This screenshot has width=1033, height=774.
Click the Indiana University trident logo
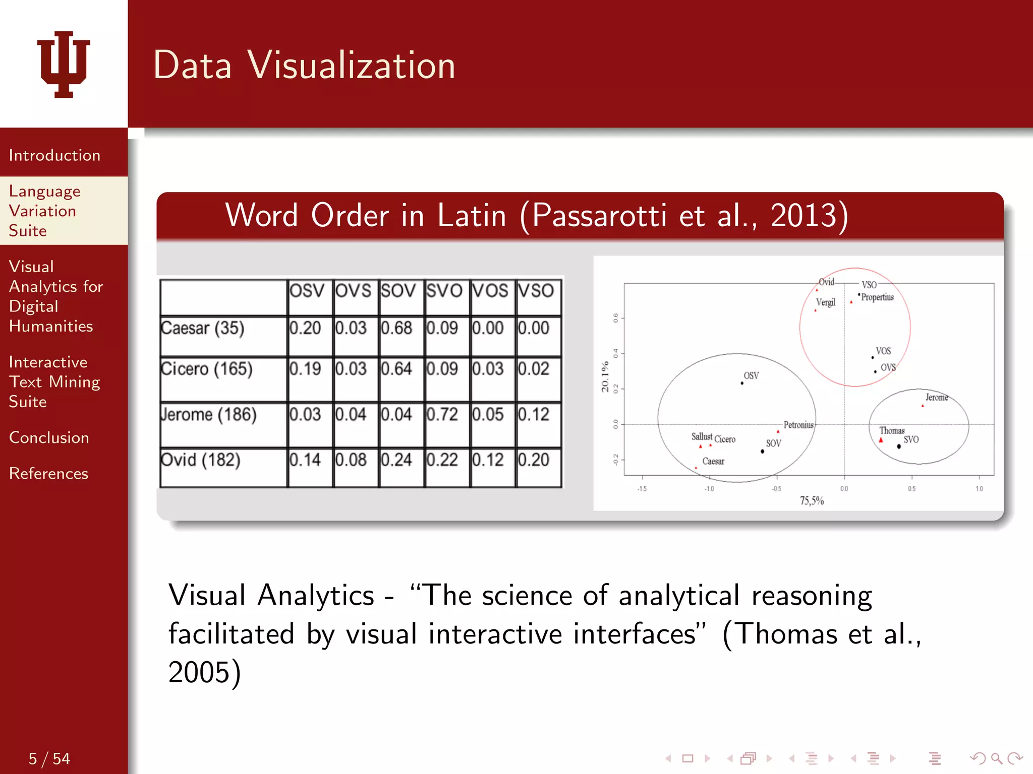click(64, 64)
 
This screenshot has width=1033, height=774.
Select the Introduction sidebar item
click(54, 155)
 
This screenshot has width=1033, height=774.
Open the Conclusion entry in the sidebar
click(49, 437)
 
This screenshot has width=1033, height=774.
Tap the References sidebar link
click(48, 473)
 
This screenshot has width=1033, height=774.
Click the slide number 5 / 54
click(49, 758)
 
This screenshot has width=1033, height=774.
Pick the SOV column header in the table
click(398, 291)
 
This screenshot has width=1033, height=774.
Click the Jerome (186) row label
click(208, 415)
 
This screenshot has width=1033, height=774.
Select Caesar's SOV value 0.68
click(396, 328)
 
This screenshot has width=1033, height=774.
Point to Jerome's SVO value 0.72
click(442, 415)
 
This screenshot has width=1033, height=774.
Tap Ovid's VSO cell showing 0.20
click(534, 460)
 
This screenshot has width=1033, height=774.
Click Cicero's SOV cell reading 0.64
click(396, 369)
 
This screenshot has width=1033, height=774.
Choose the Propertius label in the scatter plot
click(877, 297)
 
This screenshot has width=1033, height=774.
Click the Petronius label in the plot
click(798, 425)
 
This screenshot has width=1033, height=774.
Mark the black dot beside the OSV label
click(742, 383)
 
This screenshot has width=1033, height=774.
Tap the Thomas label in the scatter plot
click(892, 430)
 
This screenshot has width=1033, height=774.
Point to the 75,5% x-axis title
click(812, 500)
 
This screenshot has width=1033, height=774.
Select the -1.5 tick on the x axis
click(642, 489)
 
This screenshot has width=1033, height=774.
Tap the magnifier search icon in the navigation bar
click(996, 758)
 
